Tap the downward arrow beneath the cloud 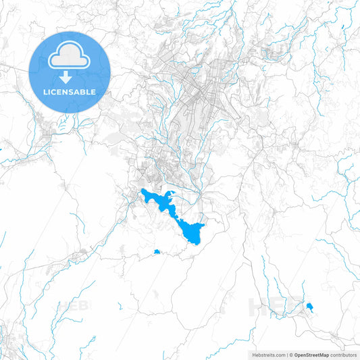pyautogui.click(x=70, y=77)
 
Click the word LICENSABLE pyautogui.click(x=70, y=91)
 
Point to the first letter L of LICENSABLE pyautogui.click(x=45, y=91)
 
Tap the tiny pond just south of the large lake pyautogui.click(x=157, y=252)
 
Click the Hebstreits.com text pyautogui.click(x=267, y=354)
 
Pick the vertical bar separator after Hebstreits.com pyautogui.click(x=286, y=354)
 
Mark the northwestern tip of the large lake pyautogui.click(x=143, y=192)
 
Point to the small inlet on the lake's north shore pyautogui.click(x=173, y=195)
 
